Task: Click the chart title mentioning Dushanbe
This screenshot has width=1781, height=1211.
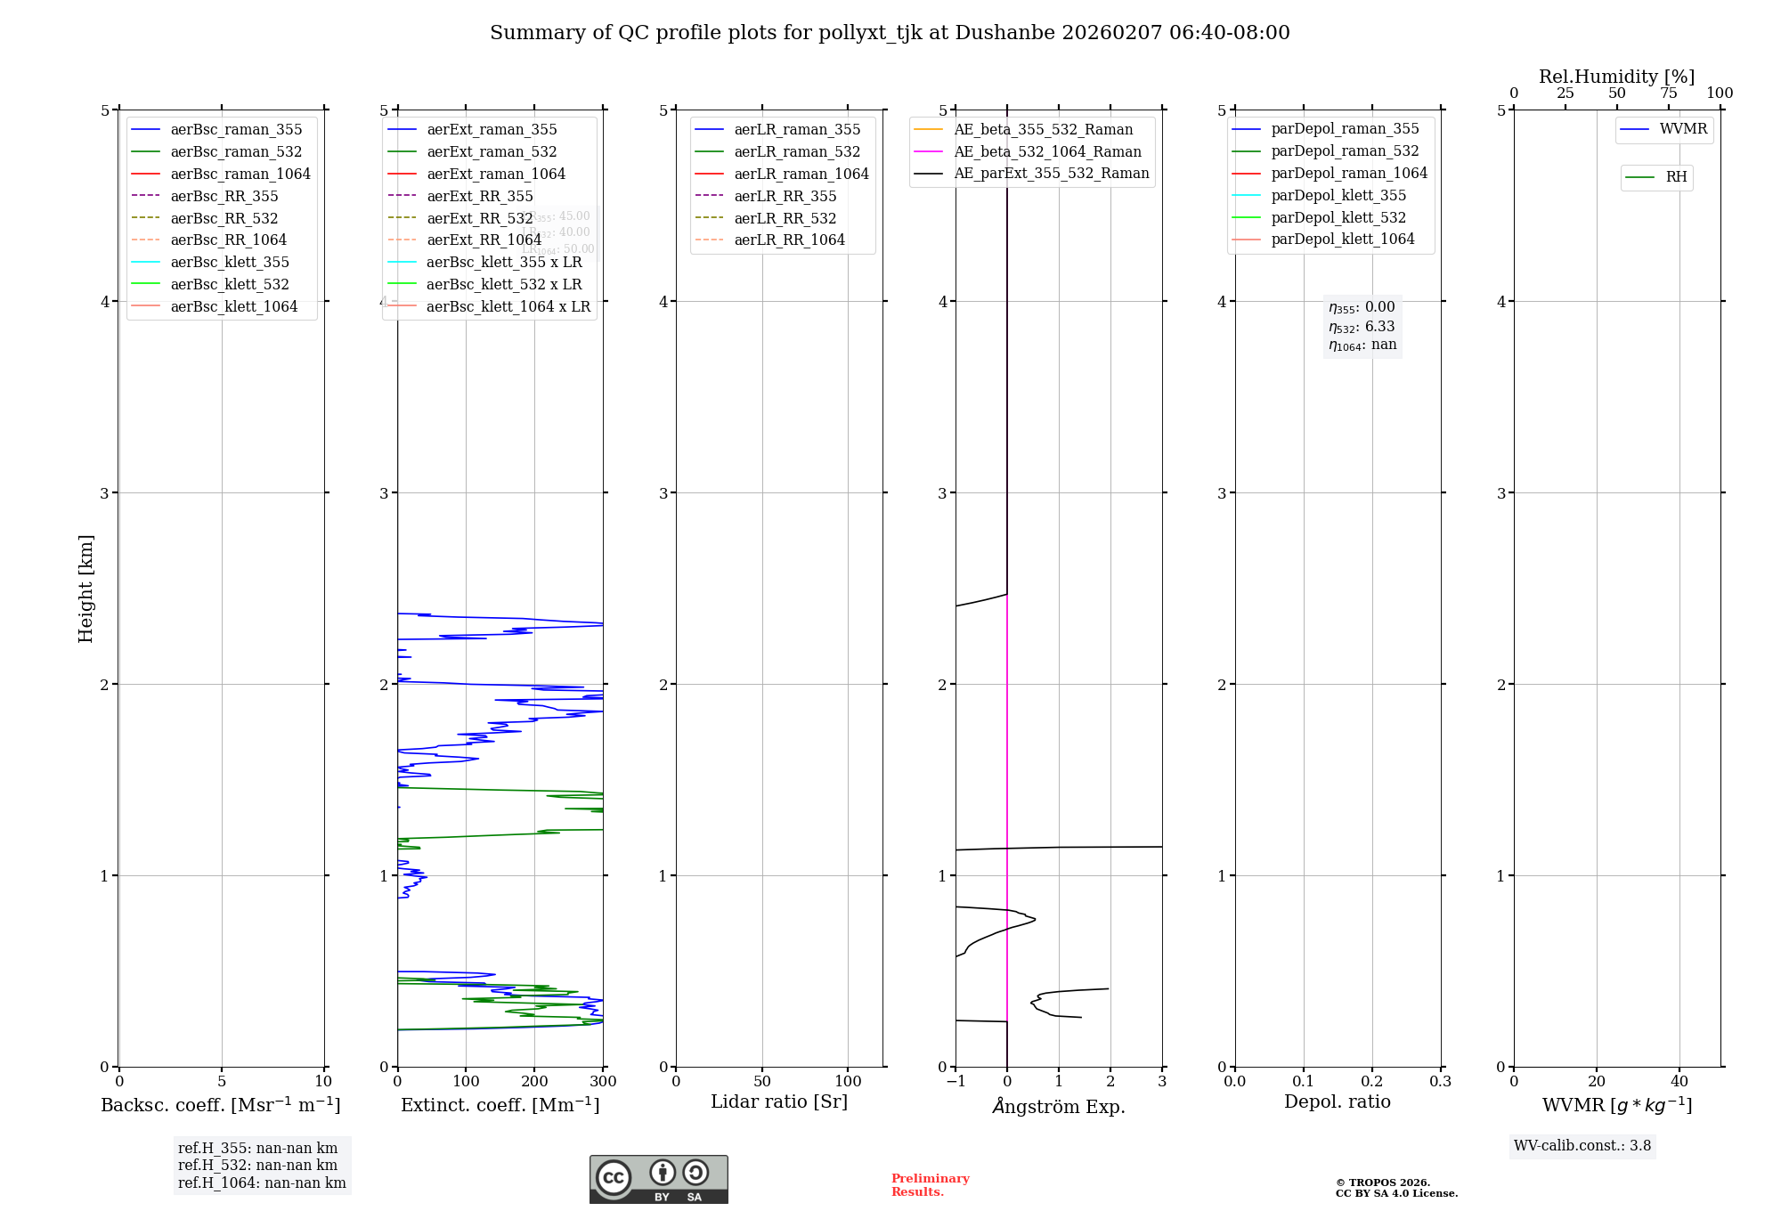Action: click(x=890, y=33)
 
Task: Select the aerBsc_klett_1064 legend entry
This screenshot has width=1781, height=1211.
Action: click(x=233, y=306)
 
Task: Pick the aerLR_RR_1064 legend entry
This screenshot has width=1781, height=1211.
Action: click(x=789, y=240)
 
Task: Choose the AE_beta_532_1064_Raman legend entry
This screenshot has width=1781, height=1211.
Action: click(x=1047, y=151)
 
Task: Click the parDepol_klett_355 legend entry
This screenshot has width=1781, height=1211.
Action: click(x=1338, y=195)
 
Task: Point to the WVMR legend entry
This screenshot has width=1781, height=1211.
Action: click(x=1683, y=129)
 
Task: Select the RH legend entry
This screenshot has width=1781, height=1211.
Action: click(x=1676, y=177)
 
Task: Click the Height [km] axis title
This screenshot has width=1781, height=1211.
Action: click(x=85, y=589)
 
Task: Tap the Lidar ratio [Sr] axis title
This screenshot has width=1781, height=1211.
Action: click(x=779, y=1101)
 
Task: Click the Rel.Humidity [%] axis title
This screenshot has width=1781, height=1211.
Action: click(x=1616, y=77)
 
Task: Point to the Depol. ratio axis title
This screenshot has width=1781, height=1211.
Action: click(x=1337, y=1101)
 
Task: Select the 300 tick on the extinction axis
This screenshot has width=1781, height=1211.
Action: click(x=603, y=1082)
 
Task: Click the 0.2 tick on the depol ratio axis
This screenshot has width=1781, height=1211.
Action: click(x=1372, y=1082)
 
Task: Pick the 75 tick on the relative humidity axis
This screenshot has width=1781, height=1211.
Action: click(x=1668, y=93)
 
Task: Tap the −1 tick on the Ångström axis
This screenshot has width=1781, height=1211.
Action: click(x=956, y=1082)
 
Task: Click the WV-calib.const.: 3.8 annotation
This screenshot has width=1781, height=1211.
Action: click(x=1582, y=1146)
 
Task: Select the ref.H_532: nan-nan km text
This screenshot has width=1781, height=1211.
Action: click(x=257, y=1165)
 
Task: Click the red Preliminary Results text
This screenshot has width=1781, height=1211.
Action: click(x=930, y=1185)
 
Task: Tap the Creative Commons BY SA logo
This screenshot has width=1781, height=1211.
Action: click(x=658, y=1179)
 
